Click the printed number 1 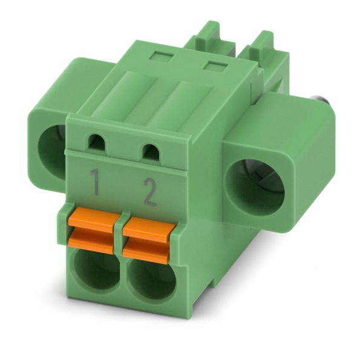pos(95,181)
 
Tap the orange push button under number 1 pos(94,230)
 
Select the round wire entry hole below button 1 pos(97,270)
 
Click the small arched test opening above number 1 pos(97,142)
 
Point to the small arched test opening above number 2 pos(151,152)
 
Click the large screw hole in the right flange pos(255,188)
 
